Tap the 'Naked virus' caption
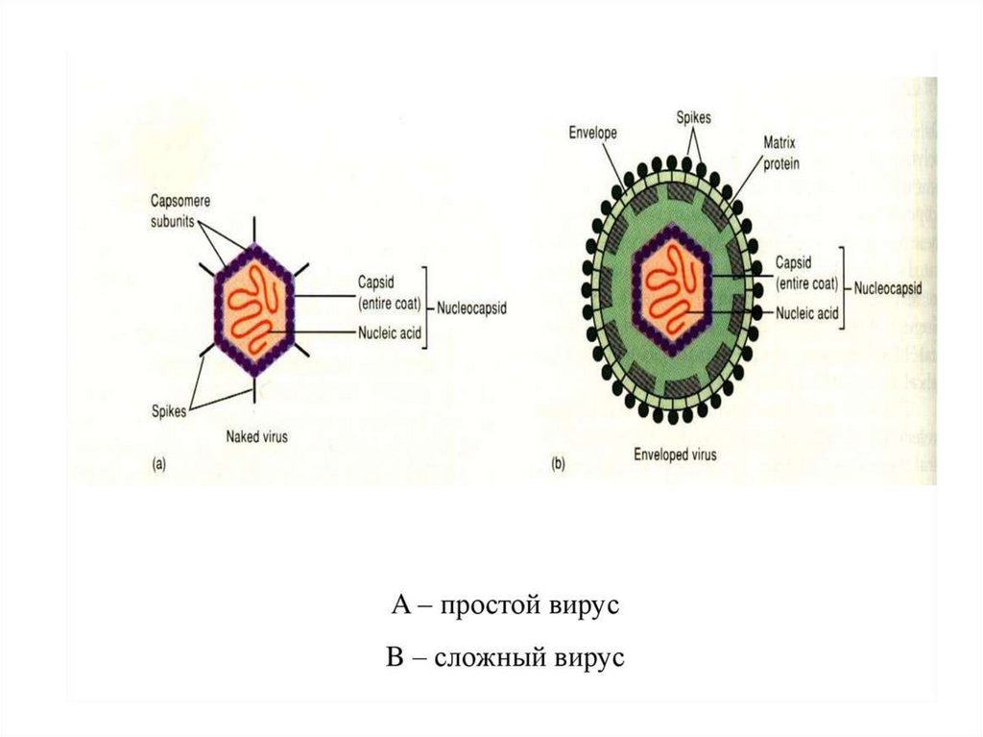[x=256, y=435]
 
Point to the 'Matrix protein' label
[x=780, y=152]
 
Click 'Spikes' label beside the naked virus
[x=169, y=410]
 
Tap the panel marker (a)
[x=160, y=465]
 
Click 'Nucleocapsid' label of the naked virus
[x=471, y=309]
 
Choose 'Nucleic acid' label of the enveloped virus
[x=806, y=313]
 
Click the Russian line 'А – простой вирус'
[x=508, y=606]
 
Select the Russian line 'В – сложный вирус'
[x=505, y=659]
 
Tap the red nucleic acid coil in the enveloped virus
[x=673, y=287]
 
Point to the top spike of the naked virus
[x=254, y=229]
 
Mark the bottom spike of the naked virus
[x=254, y=390]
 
